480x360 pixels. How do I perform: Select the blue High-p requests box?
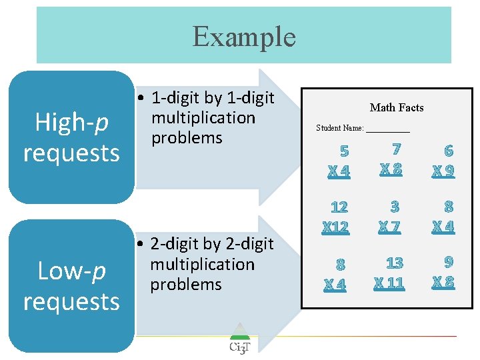[x=71, y=137]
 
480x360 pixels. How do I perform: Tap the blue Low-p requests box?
[x=71, y=286]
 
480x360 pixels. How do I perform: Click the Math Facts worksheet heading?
[x=397, y=107]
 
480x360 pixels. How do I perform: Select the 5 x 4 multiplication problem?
[x=339, y=161]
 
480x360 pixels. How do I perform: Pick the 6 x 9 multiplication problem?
[x=443, y=161]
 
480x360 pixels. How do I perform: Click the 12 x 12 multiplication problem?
[x=336, y=217]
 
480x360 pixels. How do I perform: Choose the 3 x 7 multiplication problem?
[x=391, y=217]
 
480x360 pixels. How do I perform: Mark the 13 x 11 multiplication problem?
[x=391, y=273]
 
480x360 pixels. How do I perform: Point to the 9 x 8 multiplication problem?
[x=444, y=272]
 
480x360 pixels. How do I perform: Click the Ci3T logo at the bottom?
[x=239, y=347]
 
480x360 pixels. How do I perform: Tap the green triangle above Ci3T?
[x=239, y=331]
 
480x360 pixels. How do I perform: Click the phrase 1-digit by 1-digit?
[x=213, y=98]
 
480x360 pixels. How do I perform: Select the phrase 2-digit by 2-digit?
[x=212, y=245]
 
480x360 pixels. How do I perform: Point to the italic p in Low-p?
[x=99, y=272]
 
